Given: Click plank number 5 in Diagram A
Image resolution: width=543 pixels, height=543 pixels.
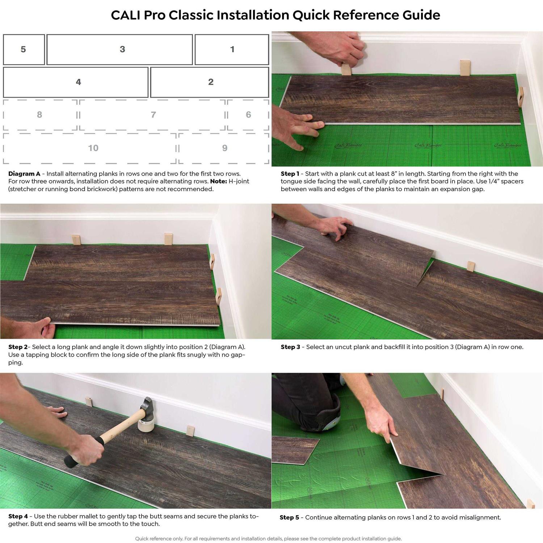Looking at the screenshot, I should pyautogui.click(x=24, y=50).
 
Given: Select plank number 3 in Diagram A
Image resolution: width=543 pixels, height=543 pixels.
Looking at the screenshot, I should pyautogui.click(x=119, y=50).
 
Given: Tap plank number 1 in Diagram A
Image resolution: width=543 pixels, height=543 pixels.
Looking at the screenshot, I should pyautogui.click(x=232, y=50).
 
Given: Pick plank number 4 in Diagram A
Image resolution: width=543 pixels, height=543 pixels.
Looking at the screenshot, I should pyautogui.click(x=76, y=82).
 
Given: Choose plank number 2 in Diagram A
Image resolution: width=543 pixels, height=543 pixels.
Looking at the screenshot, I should pyautogui.click(x=210, y=82).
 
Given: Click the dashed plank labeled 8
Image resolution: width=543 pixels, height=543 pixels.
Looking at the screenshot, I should pyautogui.click(x=40, y=115).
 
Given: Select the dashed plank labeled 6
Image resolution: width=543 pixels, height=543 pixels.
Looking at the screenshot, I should pyautogui.click(x=248, y=115).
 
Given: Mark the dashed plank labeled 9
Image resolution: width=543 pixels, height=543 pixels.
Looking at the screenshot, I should pyautogui.click(x=224, y=148).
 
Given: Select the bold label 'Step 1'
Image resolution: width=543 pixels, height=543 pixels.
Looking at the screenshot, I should pyautogui.click(x=290, y=174).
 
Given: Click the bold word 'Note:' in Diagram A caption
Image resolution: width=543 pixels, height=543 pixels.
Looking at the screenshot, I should pyautogui.click(x=218, y=181).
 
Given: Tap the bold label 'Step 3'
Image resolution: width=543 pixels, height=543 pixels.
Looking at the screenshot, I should pyautogui.click(x=290, y=347).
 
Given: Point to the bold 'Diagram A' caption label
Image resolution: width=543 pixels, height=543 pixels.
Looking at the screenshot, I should pyautogui.click(x=24, y=174).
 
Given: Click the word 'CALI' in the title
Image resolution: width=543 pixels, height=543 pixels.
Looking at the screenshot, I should pyautogui.click(x=125, y=15).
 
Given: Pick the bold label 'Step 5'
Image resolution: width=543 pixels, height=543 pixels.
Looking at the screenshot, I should pyautogui.click(x=289, y=517).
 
